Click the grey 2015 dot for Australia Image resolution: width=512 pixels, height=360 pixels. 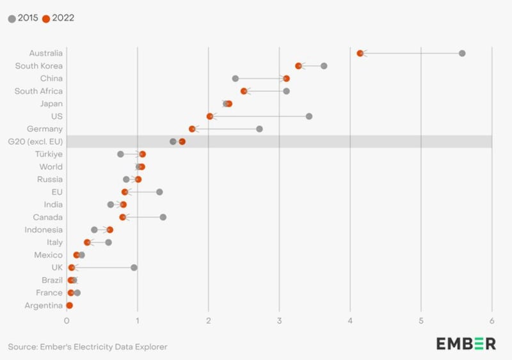tap(462, 53)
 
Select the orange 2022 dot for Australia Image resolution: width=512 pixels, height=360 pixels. tap(360, 53)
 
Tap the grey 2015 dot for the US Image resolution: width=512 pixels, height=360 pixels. tap(309, 116)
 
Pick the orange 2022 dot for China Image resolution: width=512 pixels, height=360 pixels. tap(286, 79)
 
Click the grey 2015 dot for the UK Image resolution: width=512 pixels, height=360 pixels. tap(134, 267)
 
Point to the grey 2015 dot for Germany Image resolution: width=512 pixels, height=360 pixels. tap(259, 129)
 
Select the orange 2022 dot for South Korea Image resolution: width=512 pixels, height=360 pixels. tap(298, 66)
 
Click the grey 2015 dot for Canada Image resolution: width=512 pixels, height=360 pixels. tap(163, 217)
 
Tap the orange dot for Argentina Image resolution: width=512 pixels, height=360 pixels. tap(69, 306)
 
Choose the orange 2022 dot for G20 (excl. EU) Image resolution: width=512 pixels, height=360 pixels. tap(182, 142)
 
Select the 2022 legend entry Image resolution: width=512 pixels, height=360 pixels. tap(58, 18)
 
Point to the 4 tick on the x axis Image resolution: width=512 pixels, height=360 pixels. tap(350, 320)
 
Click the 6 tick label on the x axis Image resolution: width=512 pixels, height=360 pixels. tap(492, 320)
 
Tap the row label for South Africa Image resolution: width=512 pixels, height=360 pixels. tap(38, 91)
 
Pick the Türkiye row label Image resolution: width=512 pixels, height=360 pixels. tap(49, 154)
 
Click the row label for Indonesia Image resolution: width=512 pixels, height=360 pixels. tap(44, 230)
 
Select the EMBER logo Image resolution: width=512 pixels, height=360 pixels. tap(466, 343)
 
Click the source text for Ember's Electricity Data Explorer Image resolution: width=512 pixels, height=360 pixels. tap(88, 347)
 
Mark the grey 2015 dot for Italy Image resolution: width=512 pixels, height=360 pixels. tap(108, 242)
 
